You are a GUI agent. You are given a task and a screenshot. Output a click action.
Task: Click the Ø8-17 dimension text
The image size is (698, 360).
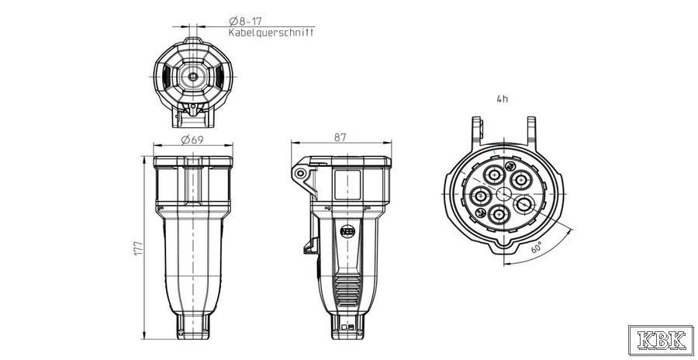[245, 21]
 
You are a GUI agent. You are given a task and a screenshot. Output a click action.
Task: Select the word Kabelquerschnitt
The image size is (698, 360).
[271, 33]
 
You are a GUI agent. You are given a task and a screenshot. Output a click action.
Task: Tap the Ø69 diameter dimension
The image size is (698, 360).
[192, 140]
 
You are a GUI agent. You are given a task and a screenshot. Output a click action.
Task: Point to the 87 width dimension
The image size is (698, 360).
[340, 137]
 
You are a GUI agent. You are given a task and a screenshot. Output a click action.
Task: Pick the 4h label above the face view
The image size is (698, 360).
[502, 99]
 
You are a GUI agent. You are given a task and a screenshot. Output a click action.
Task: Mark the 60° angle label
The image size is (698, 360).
[537, 247]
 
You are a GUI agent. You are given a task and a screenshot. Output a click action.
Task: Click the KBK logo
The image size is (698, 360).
[661, 340]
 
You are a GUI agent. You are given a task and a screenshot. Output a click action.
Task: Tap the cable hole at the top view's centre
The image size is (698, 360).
[192, 76]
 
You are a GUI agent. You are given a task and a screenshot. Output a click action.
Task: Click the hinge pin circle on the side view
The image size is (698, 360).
[301, 172]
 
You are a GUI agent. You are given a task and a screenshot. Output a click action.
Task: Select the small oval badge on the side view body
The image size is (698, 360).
[347, 230]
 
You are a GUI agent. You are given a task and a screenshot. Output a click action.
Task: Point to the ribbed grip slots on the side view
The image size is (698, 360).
[347, 290]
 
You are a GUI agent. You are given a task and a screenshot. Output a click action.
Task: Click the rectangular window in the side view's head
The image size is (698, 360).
[347, 185]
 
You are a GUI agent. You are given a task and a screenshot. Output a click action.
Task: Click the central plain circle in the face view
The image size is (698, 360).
[504, 194]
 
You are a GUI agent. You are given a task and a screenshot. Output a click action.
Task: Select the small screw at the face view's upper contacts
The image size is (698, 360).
[510, 166]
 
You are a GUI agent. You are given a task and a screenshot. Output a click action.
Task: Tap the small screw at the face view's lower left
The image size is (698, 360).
[480, 213]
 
